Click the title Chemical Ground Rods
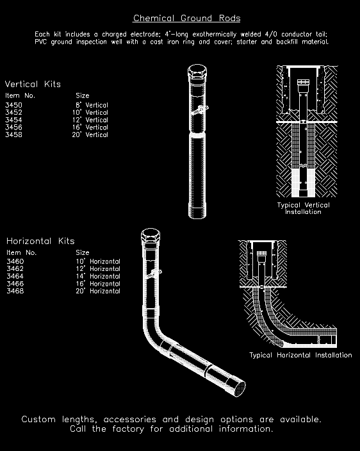186,18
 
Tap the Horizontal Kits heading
40,241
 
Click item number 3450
13,105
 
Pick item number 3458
13,135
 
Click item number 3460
15,261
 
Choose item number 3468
15,291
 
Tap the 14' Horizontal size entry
97,276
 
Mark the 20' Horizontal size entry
97,291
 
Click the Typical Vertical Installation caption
304,208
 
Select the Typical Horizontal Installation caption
300,355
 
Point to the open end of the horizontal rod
239,386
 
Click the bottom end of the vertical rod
197,213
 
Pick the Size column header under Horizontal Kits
83,252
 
